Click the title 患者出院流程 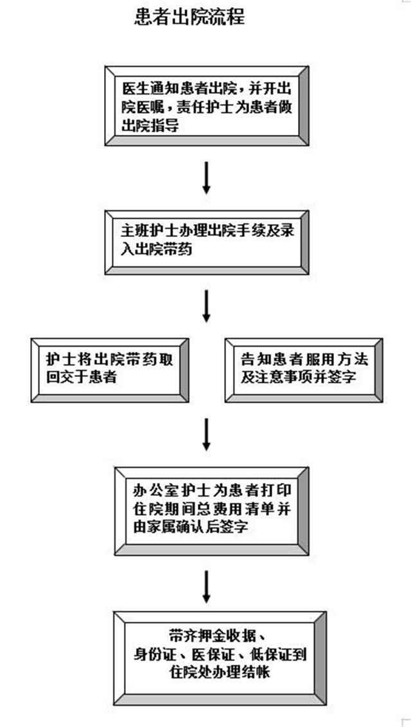pyautogui.click(x=189, y=17)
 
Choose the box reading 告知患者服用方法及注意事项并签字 pyautogui.click(x=304, y=367)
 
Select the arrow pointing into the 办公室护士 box pyautogui.click(x=206, y=435)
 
